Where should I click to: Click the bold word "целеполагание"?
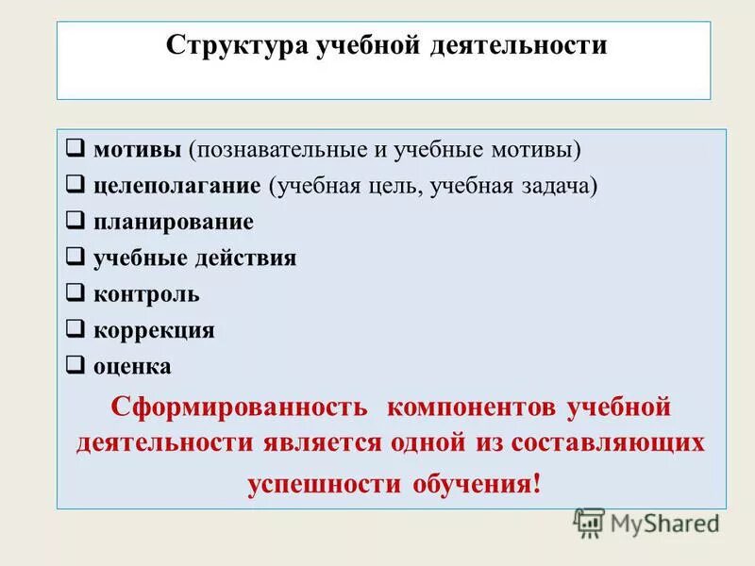click(x=177, y=186)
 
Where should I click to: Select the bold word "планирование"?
click(x=174, y=223)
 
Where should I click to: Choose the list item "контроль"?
click(x=146, y=294)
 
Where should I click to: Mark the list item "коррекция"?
click(x=154, y=330)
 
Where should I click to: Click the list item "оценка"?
click(x=132, y=366)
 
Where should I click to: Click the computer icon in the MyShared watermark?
click(x=589, y=522)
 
